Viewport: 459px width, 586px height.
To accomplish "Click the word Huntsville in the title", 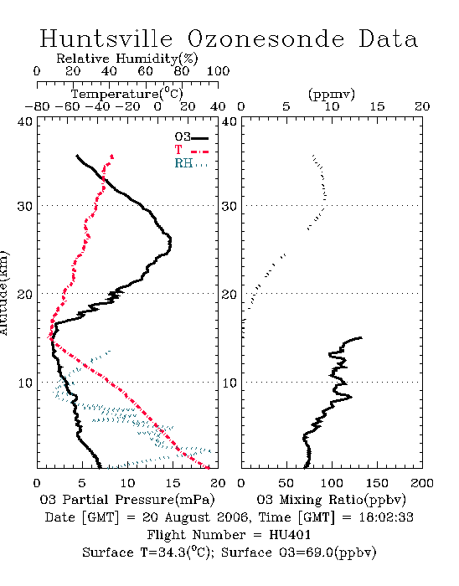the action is tap(106, 39).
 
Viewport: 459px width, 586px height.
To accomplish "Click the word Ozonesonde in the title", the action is tap(266, 39).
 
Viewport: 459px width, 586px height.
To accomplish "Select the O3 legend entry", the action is tap(191, 137).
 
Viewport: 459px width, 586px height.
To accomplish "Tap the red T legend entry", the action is tap(191, 150).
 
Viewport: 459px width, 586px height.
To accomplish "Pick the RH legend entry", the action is tap(191, 164).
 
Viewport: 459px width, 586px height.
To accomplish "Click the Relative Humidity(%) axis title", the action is tap(127, 59).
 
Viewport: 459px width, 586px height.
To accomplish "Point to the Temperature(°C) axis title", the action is tap(127, 94).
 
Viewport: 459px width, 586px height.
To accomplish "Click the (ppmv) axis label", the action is tap(332, 94).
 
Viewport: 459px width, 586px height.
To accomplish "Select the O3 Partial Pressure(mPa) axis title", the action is tap(127, 500).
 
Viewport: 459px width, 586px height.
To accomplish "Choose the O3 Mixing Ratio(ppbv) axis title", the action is tap(331, 500).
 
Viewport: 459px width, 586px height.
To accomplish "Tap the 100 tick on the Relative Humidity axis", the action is tap(219, 71).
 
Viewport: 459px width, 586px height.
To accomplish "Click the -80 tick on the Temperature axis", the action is tap(37, 106).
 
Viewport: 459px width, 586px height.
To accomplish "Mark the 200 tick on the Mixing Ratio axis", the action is tap(422, 483).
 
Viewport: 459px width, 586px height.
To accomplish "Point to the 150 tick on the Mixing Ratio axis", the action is tap(377, 483).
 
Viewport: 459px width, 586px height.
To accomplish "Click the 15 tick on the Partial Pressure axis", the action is tap(173, 483).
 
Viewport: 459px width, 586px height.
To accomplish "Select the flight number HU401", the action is tap(290, 535).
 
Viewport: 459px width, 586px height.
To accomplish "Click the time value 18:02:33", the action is tap(386, 517).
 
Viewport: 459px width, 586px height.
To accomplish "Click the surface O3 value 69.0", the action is tap(317, 553).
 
